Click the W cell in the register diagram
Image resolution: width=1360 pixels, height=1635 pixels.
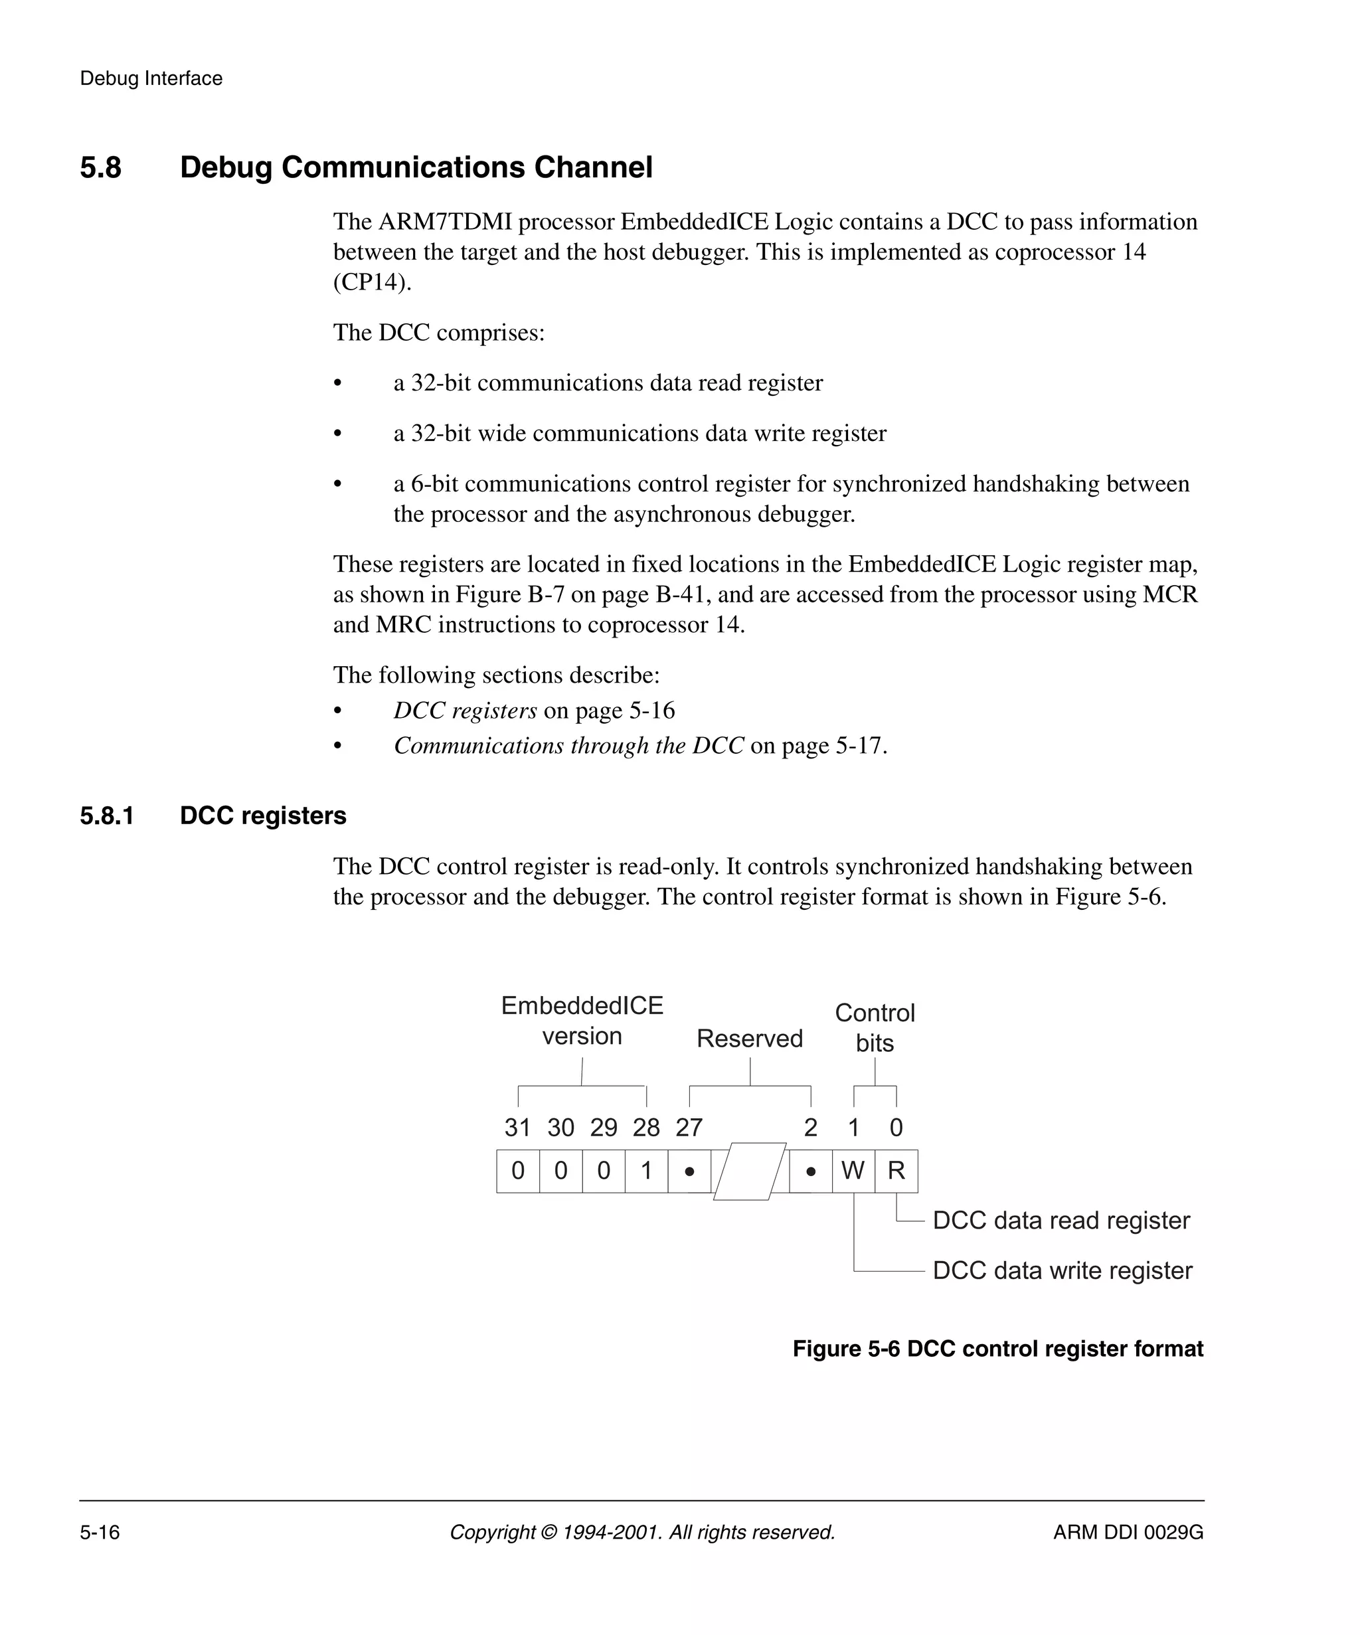point(853,1170)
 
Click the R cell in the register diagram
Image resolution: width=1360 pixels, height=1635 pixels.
point(896,1170)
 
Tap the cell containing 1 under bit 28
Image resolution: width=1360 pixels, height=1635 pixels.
point(646,1170)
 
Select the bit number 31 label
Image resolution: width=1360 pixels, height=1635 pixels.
point(518,1128)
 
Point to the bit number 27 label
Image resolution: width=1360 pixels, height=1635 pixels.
point(689,1128)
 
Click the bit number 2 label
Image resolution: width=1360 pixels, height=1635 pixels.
point(810,1128)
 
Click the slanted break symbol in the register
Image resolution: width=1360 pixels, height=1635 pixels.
point(749,1171)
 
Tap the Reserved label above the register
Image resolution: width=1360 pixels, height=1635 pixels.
point(749,1039)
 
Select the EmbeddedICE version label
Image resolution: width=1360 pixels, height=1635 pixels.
point(582,1021)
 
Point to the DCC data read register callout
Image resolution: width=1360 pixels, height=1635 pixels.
point(1061,1220)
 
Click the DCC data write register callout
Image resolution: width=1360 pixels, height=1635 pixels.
point(1062,1270)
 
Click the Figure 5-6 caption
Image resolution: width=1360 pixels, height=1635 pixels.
point(997,1349)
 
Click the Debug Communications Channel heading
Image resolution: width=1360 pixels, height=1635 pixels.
point(416,167)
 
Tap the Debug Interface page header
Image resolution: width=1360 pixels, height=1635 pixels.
point(151,78)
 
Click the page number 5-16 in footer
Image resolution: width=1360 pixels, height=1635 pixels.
point(100,1532)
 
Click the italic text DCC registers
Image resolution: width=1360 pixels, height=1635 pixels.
point(465,710)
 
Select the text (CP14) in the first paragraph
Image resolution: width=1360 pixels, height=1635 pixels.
point(371,282)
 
